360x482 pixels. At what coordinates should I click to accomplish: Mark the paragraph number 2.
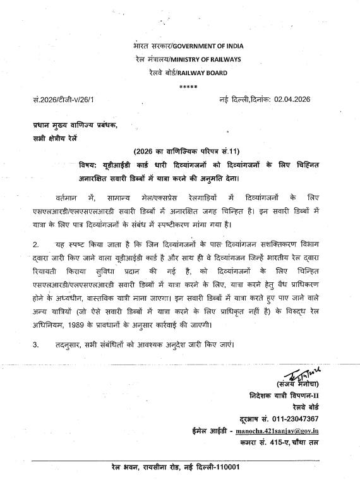(x=37, y=260)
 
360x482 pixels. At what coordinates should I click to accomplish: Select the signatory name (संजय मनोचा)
(x=294, y=385)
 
